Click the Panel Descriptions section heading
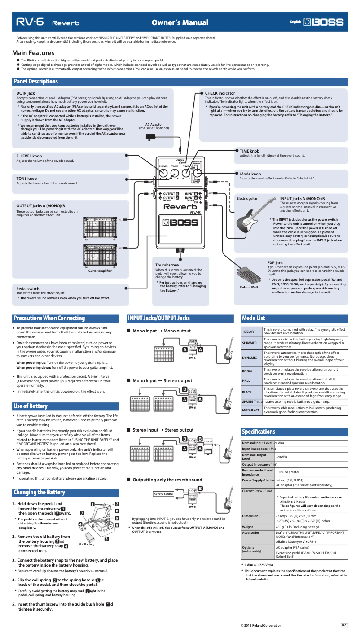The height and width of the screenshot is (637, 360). (36, 82)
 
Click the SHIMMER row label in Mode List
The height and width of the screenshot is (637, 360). (250, 343)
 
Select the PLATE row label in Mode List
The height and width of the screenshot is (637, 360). (247, 392)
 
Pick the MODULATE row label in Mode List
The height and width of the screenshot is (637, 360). (250, 410)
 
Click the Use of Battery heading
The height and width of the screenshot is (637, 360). (31, 406)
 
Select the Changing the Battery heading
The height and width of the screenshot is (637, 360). (40, 493)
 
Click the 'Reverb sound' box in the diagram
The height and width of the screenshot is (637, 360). (163, 493)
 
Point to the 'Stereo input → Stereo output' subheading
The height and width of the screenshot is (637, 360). (163, 430)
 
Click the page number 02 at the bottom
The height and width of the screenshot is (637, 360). (344, 625)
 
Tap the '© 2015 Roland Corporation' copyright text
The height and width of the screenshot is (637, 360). (261, 625)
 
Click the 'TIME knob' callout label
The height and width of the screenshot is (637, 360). (250, 151)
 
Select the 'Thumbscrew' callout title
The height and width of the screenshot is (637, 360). (167, 265)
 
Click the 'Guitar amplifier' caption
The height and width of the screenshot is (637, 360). (100, 270)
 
